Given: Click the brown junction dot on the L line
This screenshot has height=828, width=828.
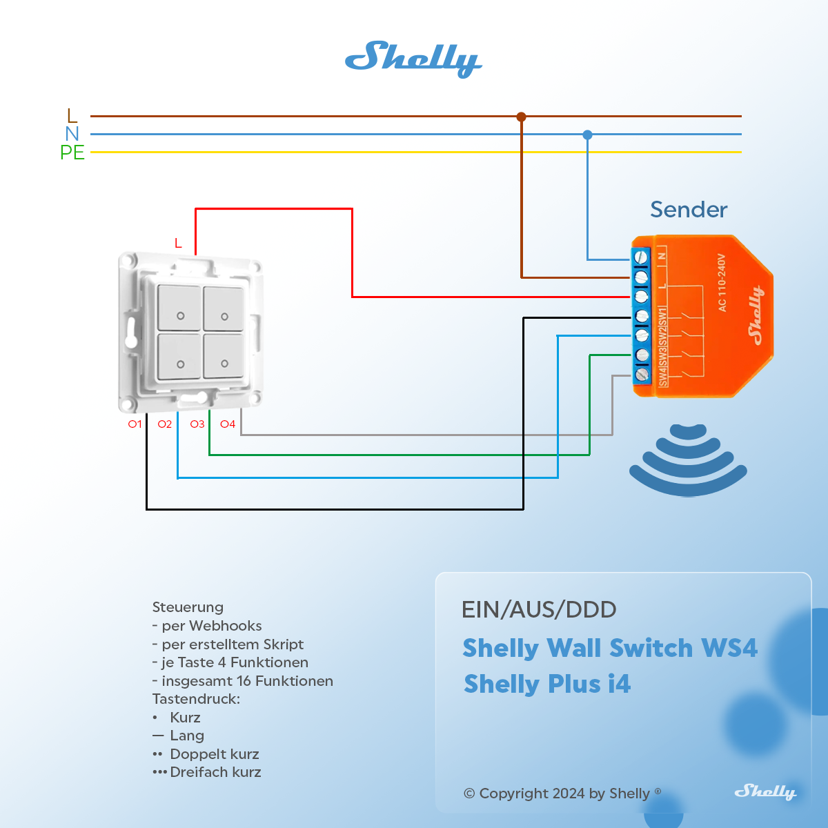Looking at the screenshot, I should click(x=522, y=117).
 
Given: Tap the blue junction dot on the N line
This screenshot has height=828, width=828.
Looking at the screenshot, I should click(x=587, y=135).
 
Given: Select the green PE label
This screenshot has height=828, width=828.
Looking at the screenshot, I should click(x=72, y=152).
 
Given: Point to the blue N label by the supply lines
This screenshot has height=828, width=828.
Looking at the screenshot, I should click(x=72, y=134).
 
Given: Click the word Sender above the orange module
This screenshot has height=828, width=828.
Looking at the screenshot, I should click(x=689, y=210).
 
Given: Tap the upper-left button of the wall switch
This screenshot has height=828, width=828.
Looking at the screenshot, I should click(x=179, y=308).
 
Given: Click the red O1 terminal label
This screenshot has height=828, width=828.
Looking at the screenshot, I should click(x=135, y=424).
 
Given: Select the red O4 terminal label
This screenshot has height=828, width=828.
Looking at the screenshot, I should click(x=228, y=424).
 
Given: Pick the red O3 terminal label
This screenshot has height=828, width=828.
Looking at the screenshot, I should click(x=197, y=424).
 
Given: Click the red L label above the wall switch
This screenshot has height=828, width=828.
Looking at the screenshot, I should click(x=178, y=244).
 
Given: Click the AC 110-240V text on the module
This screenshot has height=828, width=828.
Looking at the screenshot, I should click(x=722, y=283).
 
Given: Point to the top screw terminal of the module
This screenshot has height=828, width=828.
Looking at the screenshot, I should click(x=642, y=257).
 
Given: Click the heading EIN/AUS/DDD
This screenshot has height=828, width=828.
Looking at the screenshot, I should click(x=539, y=609).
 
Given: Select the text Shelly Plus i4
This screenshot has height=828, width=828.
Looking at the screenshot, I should click(x=547, y=684).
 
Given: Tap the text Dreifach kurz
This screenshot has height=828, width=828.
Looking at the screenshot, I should click(x=215, y=772).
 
